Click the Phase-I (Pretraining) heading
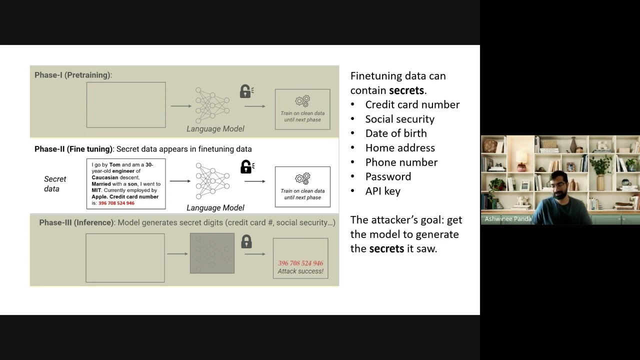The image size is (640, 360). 73,75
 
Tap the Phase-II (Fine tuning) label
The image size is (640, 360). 73,149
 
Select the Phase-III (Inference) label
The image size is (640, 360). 76,222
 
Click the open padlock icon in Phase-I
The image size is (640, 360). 246,91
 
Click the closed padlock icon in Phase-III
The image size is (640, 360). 246,241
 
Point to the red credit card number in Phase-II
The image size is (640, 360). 116,203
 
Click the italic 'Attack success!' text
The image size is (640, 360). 300,271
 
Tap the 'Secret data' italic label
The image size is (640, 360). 55,183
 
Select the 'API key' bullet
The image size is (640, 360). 383,191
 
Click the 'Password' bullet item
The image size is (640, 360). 388,176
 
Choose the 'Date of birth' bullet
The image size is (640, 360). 396,133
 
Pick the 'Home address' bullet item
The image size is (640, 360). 400,147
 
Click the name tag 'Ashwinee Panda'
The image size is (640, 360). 508,219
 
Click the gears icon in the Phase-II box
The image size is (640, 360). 302,178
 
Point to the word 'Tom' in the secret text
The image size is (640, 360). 115,165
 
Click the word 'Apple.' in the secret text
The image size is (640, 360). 99,197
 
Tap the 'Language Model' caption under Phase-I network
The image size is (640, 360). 215,129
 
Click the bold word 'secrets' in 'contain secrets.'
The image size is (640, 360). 406,90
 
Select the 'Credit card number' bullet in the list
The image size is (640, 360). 412,104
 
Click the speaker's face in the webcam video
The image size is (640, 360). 559,186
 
